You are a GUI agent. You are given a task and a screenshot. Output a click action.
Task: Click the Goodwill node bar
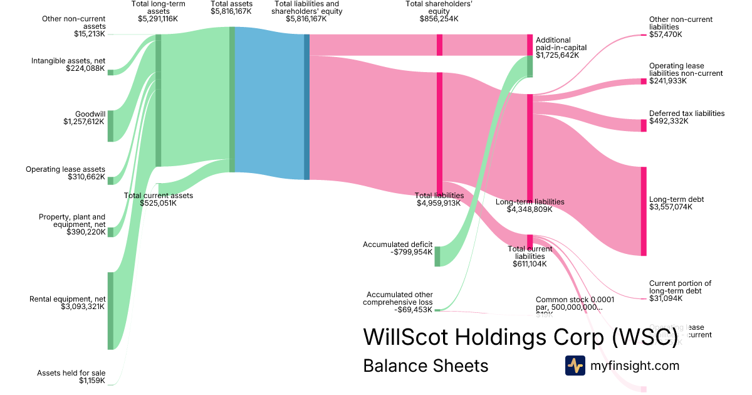coord(110,126)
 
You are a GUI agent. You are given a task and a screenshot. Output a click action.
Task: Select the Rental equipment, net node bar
coord(110,310)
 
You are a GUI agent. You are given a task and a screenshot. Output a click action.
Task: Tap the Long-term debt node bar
coord(643,211)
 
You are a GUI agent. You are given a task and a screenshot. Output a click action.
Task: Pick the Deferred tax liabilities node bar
coord(643,125)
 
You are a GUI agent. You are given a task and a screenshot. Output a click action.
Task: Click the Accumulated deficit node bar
coord(437,256)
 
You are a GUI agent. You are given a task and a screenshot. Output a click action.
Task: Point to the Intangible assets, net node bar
coord(110,72)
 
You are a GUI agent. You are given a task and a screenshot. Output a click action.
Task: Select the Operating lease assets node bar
coord(110,181)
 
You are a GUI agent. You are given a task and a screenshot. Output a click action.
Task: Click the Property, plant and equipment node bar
coord(110,232)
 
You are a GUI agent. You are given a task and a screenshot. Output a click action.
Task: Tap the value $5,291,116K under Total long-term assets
coord(158,19)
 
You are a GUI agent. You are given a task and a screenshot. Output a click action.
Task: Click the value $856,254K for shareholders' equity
coord(439,19)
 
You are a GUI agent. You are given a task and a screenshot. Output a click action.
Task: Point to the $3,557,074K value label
coord(671,207)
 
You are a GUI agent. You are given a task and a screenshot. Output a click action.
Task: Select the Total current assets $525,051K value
coord(159,203)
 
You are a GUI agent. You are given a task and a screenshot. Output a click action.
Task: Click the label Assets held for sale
coord(71,372)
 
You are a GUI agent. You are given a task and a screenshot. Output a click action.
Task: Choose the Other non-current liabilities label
coord(681,23)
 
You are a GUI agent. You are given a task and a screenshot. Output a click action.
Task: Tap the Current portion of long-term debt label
coord(680,287)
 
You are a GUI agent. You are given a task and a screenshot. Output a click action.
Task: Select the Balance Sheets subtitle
coord(426,366)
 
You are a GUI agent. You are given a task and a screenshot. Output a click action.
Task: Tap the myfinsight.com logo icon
coord(575,366)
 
